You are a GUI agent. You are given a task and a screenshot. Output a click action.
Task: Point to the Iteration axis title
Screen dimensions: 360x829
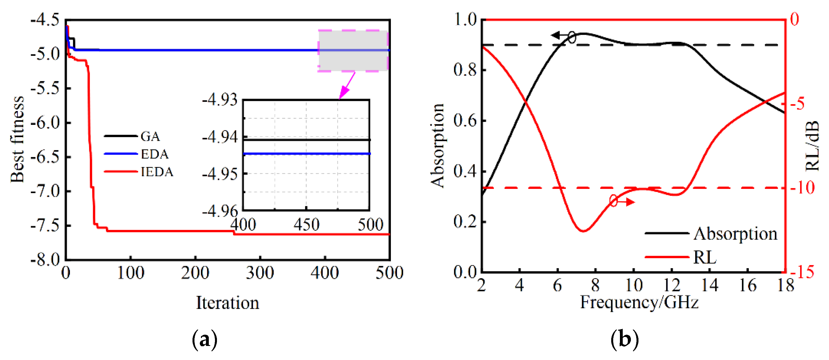click(x=228, y=303)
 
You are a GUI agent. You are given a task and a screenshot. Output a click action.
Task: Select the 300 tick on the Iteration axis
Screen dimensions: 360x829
click(x=260, y=273)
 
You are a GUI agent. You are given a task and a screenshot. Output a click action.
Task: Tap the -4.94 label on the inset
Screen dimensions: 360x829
click(x=220, y=137)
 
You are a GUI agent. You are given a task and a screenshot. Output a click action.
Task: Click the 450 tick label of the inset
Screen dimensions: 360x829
click(x=306, y=224)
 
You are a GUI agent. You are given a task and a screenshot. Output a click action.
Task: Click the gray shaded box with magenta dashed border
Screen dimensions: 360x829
click(x=353, y=51)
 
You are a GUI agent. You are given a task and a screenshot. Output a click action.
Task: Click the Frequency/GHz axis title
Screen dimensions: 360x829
click(x=639, y=302)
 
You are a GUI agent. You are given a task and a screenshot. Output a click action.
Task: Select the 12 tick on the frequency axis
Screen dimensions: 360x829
click(x=672, y=285)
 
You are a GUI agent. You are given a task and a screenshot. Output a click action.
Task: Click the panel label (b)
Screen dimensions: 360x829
click(x=624, y=340)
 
